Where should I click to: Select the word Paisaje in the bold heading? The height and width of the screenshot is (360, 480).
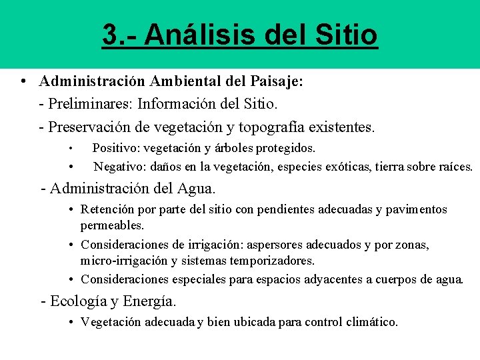[x=276, y=81]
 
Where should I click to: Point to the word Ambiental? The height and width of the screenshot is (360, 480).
[x=189, y=81]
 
